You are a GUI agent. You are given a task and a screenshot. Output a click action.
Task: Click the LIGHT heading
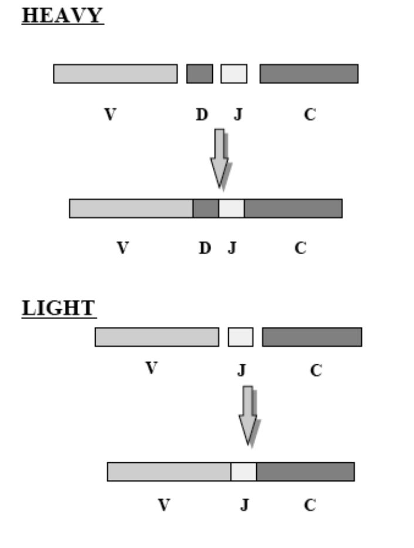pos(59,307)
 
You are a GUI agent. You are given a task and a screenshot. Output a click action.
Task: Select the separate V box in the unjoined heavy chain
pos(115,73)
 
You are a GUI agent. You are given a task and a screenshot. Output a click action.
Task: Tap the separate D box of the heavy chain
pos(199,73)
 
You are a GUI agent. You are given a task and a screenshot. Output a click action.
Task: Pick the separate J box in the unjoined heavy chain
pos(233,73)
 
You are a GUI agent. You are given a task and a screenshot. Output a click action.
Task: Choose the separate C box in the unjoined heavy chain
pos(308,73)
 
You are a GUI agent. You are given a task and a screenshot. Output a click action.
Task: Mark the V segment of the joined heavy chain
pos(131,208)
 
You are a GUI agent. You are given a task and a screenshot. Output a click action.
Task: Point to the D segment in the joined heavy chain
pos(205,208)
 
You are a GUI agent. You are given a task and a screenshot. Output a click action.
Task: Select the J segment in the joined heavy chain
pos(231,208)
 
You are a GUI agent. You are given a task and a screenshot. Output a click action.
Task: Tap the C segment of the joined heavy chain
pos(293,208)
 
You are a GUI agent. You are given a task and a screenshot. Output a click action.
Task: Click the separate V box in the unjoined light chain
pos(157,337)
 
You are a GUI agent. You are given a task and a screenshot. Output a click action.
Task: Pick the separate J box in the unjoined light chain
pos(240,337)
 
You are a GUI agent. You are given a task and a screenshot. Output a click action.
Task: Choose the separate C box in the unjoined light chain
pos(311,337)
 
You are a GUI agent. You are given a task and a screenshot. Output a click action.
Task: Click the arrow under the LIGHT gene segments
pos(249,414)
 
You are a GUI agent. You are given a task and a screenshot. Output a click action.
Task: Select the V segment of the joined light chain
pos(169,472)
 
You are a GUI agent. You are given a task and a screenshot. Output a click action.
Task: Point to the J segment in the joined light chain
pos(243,472)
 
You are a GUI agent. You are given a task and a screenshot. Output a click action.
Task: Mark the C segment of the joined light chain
pos(305,472)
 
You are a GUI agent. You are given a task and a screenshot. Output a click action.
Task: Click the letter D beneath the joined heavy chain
pos(205,248)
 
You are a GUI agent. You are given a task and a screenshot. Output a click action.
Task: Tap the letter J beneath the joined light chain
pos(245,505)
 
